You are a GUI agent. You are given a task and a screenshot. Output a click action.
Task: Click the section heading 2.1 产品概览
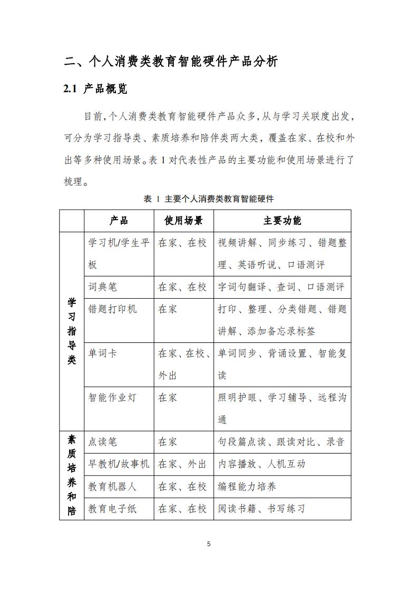[95, 89]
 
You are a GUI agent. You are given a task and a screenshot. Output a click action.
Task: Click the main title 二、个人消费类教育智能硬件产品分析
[170, 61]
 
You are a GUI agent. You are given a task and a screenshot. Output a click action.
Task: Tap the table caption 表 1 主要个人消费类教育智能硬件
[209, 199]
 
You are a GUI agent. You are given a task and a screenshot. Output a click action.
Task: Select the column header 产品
[119, 221]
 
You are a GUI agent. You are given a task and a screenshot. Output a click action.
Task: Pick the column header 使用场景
[183, 221]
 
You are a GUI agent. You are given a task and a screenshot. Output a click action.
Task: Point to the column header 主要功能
[282, 221]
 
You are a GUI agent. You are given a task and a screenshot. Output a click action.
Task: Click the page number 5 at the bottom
[209, 544]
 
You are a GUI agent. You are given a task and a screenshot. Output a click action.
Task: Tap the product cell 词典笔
[103, 287]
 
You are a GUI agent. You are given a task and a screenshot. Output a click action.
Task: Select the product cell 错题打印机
[112, 309]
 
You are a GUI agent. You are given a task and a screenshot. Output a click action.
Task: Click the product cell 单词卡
[103, 353]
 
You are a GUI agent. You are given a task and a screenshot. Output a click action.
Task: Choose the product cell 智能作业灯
[112, 398]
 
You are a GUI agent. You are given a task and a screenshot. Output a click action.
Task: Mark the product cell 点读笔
[103, 442]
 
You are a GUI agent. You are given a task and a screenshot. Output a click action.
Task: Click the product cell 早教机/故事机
[119, 464]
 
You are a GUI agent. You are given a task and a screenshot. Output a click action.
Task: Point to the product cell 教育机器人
[112, 486]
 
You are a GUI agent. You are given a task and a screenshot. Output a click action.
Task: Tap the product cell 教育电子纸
[112, 508]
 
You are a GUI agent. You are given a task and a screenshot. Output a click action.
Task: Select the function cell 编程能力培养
[247, 486]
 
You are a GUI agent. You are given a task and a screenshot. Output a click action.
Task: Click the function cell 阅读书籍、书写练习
[261, 508]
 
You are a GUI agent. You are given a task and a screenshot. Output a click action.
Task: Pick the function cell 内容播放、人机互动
[261, 464]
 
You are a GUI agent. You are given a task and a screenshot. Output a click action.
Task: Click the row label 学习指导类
[72, 331]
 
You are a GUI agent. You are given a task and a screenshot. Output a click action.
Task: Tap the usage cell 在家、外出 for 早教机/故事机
[182, 464]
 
